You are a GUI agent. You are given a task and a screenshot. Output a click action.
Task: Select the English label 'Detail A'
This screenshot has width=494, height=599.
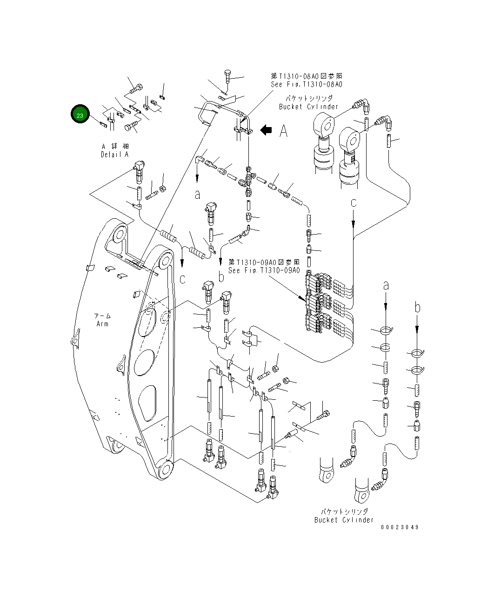click(114, 155)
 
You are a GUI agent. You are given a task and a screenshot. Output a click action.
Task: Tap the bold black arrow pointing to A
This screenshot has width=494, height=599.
click(266, 130)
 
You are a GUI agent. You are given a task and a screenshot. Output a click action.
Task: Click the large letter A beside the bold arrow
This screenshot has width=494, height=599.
click(283, 131)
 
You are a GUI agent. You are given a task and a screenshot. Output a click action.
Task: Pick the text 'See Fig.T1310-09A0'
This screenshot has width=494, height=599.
click(264, 270)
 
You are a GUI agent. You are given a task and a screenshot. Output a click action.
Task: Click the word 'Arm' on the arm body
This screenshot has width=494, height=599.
click(102, 324)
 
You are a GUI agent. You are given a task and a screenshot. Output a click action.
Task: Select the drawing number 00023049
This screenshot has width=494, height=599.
click(400, 527)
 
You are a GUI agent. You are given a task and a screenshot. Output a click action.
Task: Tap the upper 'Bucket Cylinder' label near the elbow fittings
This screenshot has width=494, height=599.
click(308, 107)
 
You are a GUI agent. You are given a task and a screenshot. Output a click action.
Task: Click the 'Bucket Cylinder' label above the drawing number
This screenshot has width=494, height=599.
click(344, 520)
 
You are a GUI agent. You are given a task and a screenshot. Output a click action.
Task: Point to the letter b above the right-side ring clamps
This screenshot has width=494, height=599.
click(417, 308)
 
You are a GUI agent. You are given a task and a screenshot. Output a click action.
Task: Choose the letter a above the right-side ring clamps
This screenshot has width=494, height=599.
click(386, 286)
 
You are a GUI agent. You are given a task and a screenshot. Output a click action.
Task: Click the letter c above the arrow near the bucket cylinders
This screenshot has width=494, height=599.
click(354, 202)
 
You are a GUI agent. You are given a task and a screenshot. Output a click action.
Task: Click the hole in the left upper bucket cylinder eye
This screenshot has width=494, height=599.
click(327, 125)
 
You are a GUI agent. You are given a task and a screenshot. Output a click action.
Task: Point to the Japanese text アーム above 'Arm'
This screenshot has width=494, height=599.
click(102, 316)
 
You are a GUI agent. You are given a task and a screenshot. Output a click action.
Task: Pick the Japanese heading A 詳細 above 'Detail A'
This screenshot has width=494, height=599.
click(115, 147)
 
